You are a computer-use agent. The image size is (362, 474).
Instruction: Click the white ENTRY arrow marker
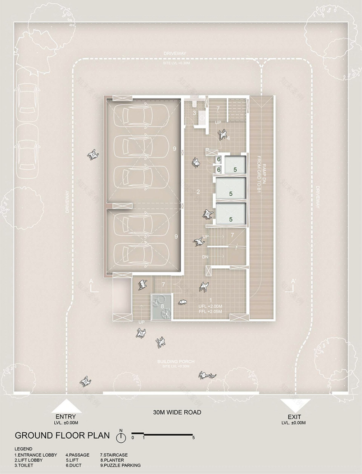coord(66,406)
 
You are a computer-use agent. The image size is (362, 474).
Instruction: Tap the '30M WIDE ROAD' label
coord(177,412)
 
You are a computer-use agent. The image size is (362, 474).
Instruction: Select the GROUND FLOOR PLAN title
coord(62,436)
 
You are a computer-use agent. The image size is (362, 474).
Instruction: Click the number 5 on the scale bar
coord(193,438)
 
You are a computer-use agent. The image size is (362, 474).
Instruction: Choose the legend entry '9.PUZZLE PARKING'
coord(120,465)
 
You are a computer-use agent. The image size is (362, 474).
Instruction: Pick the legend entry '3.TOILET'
coord(24,465)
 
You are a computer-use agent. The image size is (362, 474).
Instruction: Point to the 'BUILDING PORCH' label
coord(176,361)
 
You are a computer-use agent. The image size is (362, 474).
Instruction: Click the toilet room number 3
coord(194,113)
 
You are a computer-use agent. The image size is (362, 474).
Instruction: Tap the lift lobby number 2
coord(198,191)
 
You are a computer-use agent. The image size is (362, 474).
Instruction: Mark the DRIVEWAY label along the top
coord(175,54)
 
